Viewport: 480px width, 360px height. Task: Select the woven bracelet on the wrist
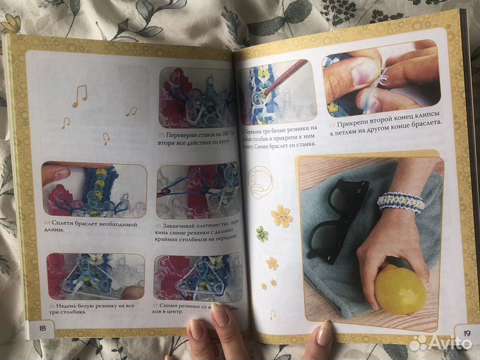point(401,201)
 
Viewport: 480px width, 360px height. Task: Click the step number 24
point(47,223)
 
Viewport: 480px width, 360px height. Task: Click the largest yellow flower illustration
point(281,215)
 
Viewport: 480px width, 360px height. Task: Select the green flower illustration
point(262,235)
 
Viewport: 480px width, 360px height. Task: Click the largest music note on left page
point(80,95)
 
